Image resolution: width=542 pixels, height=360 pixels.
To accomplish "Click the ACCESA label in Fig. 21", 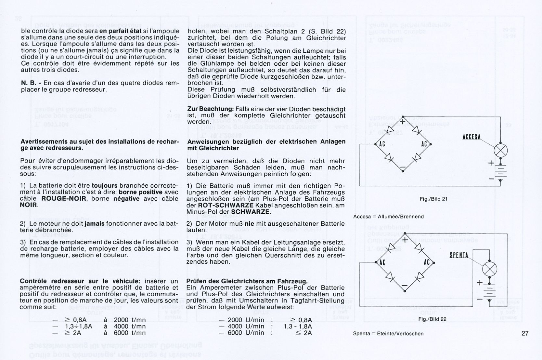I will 471,137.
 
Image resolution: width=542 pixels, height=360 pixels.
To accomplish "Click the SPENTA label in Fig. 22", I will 459,255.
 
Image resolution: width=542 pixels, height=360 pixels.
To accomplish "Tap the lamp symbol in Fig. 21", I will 500,151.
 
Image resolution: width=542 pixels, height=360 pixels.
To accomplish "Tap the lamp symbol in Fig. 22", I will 489,269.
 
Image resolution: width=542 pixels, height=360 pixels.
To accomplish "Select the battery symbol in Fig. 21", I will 500,171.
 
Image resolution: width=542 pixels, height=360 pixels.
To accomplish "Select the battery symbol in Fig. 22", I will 489,290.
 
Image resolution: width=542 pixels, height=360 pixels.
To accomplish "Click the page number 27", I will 525,333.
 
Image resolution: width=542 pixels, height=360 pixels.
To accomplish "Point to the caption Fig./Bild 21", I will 433,199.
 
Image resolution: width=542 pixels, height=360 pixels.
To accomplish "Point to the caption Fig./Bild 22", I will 432,319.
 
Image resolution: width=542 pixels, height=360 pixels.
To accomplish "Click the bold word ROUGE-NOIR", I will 64,199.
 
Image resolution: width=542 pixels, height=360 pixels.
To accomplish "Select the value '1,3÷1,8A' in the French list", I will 79,326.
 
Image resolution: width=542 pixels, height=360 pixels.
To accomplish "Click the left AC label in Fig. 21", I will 382,144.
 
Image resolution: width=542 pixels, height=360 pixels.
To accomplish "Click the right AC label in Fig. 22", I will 427,262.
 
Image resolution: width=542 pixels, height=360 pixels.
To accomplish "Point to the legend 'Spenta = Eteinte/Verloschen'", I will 388,333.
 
